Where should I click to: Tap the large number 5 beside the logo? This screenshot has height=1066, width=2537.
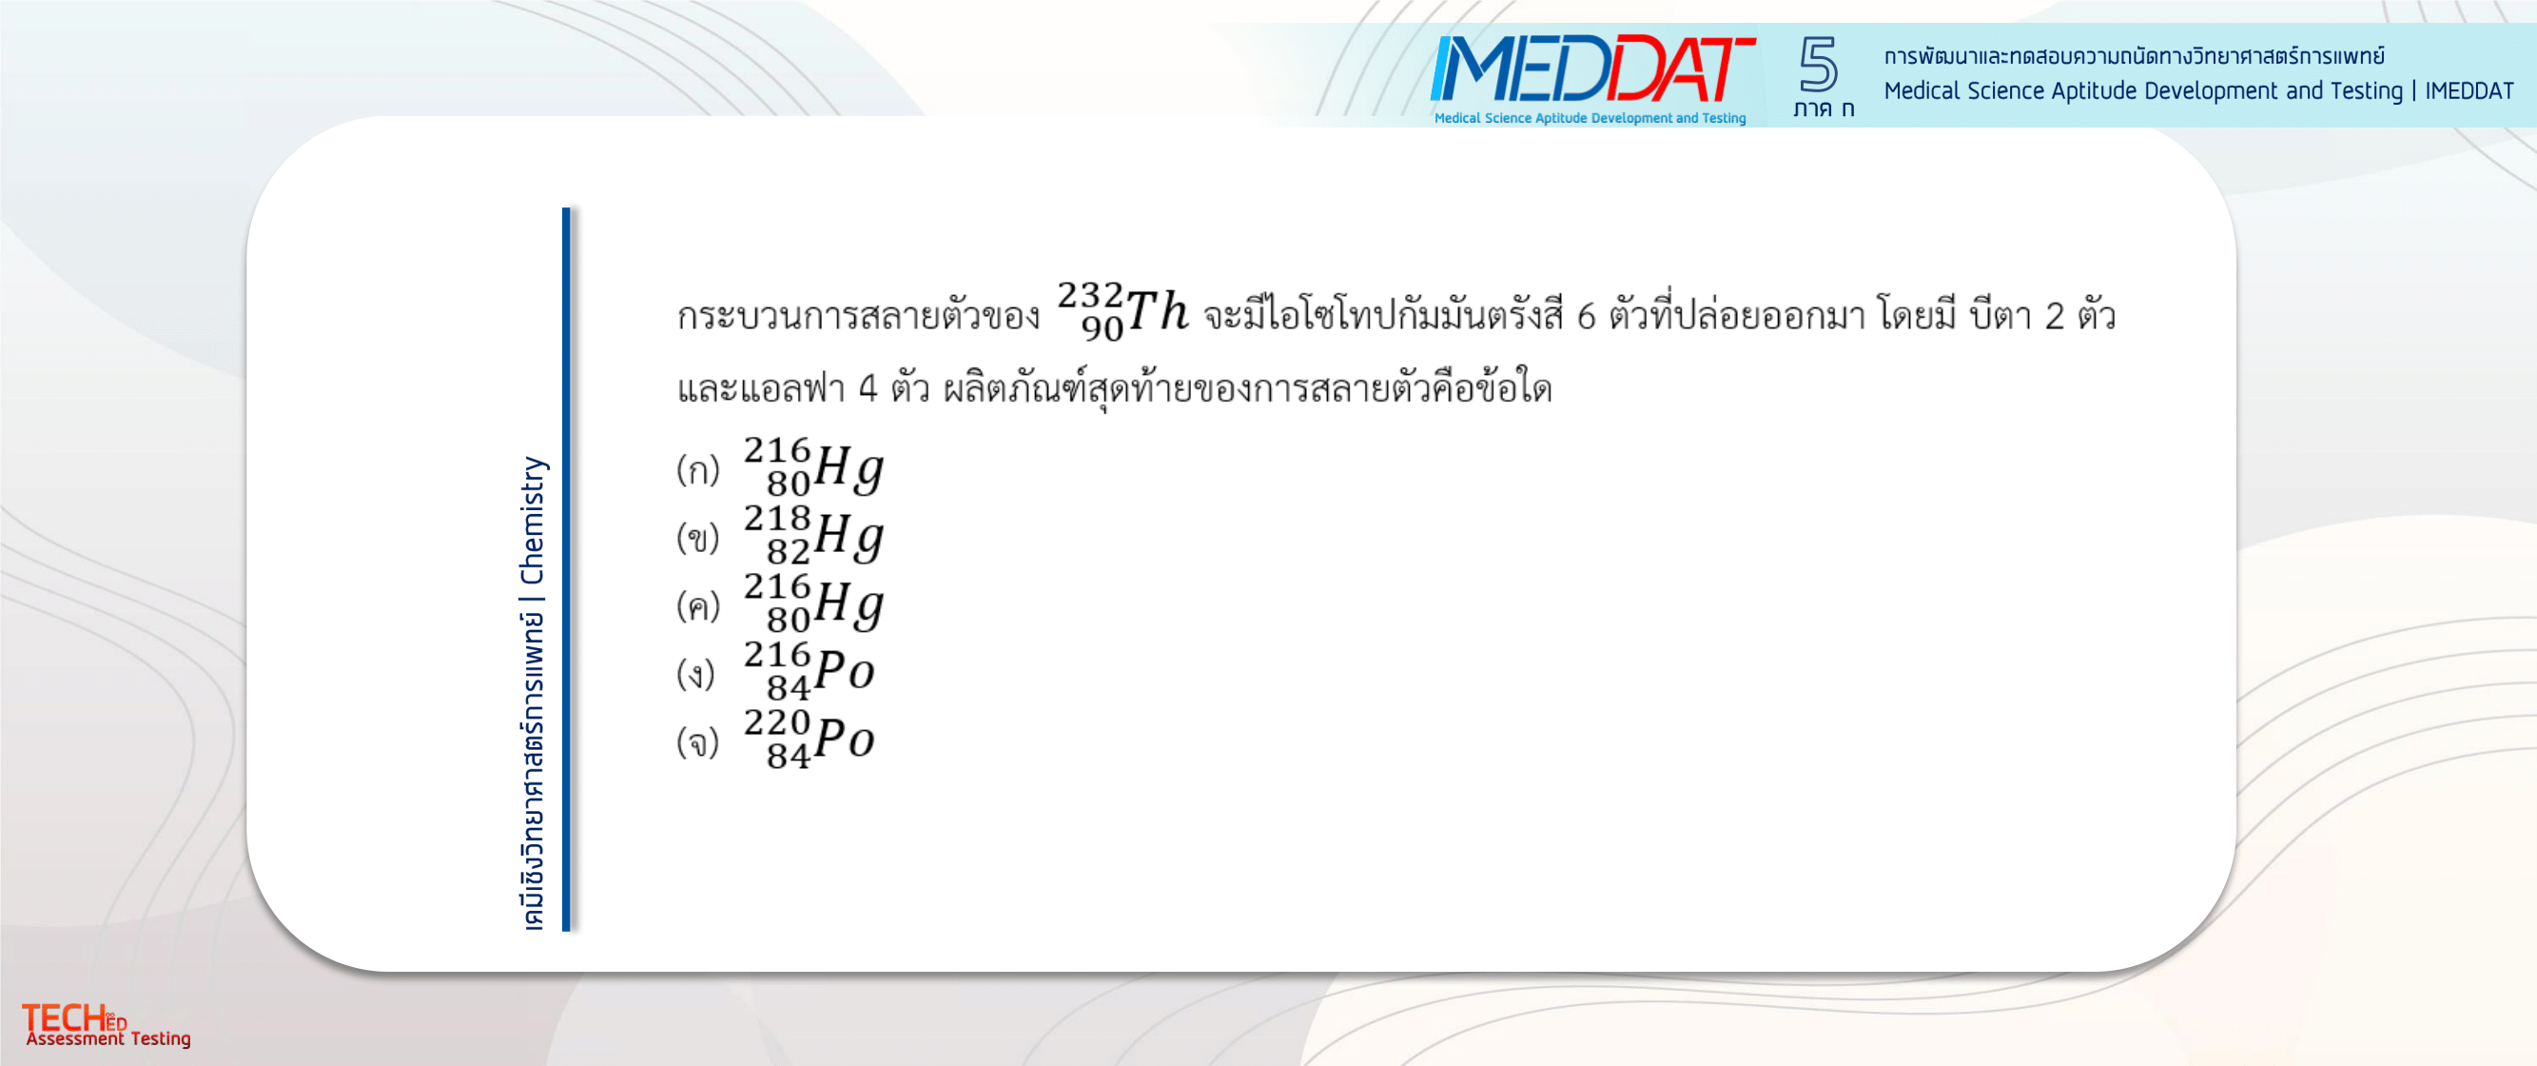pyautogui.click(x=1818, y=64)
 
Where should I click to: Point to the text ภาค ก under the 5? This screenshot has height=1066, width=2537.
pyautogui.click(x=1823, y=109)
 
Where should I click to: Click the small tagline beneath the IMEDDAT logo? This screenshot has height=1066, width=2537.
pyautogui.click(x=1590, y=118)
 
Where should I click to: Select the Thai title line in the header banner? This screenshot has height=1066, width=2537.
pyautogui.click(x=2135, y=56)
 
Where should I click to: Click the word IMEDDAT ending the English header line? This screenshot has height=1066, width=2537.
pyautogui.click(x=2469, y=90)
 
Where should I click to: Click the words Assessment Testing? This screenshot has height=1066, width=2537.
pyautogui.click(x=108, y=1038)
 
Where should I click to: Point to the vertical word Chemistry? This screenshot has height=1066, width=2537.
pyautogui.click(x=532, y=520)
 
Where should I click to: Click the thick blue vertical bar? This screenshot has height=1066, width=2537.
pyautogui.click(x=566, y=568)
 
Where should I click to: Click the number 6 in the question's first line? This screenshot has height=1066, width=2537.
pyautogui.click(x=1586, y=316)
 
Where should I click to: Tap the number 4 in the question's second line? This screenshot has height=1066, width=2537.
pyautogui.click(x=868, y=388)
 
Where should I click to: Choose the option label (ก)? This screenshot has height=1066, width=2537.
pyautogui.click(x=698, y=470)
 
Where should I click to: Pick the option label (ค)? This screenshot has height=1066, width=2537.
pyautogui.click(x=698, y=606)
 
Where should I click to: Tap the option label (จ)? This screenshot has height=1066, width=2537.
pyautogui.click(x=698, y=741)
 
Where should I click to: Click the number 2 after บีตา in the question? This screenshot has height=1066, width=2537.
pyautogui.click(x=2055, y=316)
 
